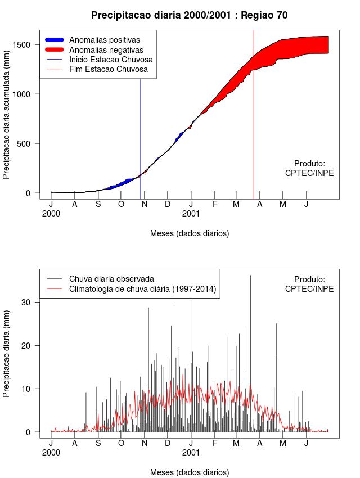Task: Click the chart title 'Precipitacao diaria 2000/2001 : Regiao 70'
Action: [x=189, y=15]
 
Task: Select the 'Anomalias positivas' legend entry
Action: [x=105, y=40]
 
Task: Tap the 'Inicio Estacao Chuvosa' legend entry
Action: [x=111, y=60]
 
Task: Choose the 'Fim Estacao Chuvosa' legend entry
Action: [x=109, y=69]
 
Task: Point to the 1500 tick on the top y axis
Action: [x=28, y=44]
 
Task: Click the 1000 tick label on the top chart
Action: [x=28, y=94]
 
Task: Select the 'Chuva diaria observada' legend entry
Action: [x=111, y=279]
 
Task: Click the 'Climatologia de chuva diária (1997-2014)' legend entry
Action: [x=143, y=289]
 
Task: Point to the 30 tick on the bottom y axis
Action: [x=31, y=302]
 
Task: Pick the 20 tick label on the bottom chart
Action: [x=31, y=345]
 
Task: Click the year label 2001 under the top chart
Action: [x=191, y=214]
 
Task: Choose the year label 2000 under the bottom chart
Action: [x=51, y=452]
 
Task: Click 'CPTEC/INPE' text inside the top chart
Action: [x=309, y=173]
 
